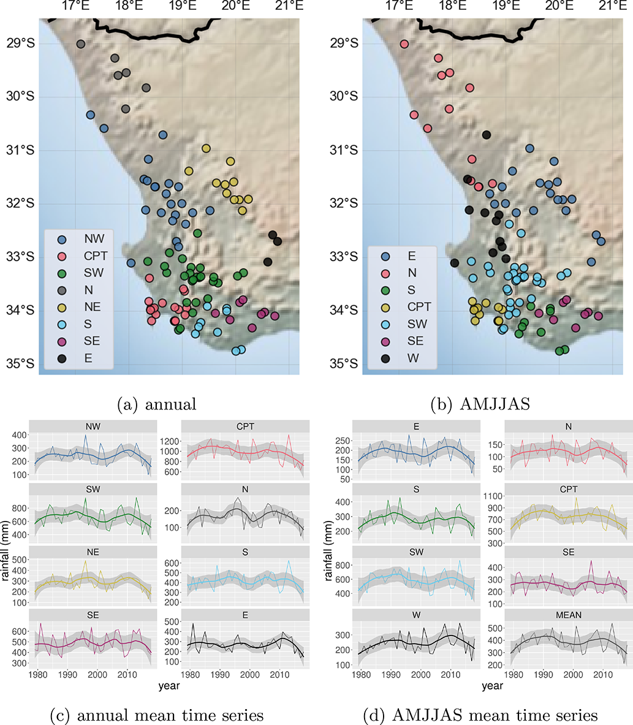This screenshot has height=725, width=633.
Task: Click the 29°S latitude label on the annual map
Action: point(20,44)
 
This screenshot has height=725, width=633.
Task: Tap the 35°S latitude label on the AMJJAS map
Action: point(344,363)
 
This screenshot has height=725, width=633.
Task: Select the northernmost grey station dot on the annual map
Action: point(80,44)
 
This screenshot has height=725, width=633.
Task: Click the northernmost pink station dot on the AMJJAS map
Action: point(404,44)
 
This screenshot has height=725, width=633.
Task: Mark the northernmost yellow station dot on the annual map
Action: point(206,148)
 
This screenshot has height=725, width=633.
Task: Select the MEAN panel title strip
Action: point(568,615)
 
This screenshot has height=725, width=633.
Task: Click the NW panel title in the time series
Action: point(93,427)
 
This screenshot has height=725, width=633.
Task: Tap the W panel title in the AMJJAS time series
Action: point(416,615)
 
